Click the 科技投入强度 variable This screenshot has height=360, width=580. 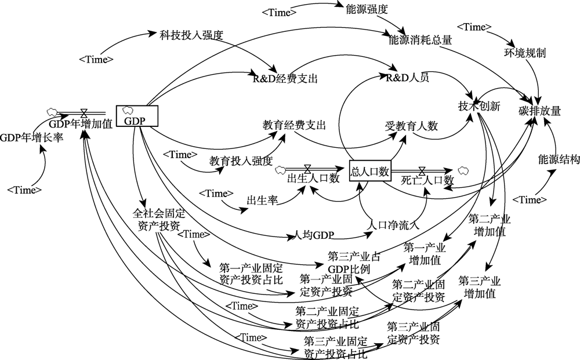(191, 34)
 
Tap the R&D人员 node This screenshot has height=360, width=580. (407, 78)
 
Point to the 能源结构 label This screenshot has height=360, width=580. (559, 159)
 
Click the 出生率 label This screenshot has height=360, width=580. (262, 201)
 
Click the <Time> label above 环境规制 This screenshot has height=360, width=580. (474, 27)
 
